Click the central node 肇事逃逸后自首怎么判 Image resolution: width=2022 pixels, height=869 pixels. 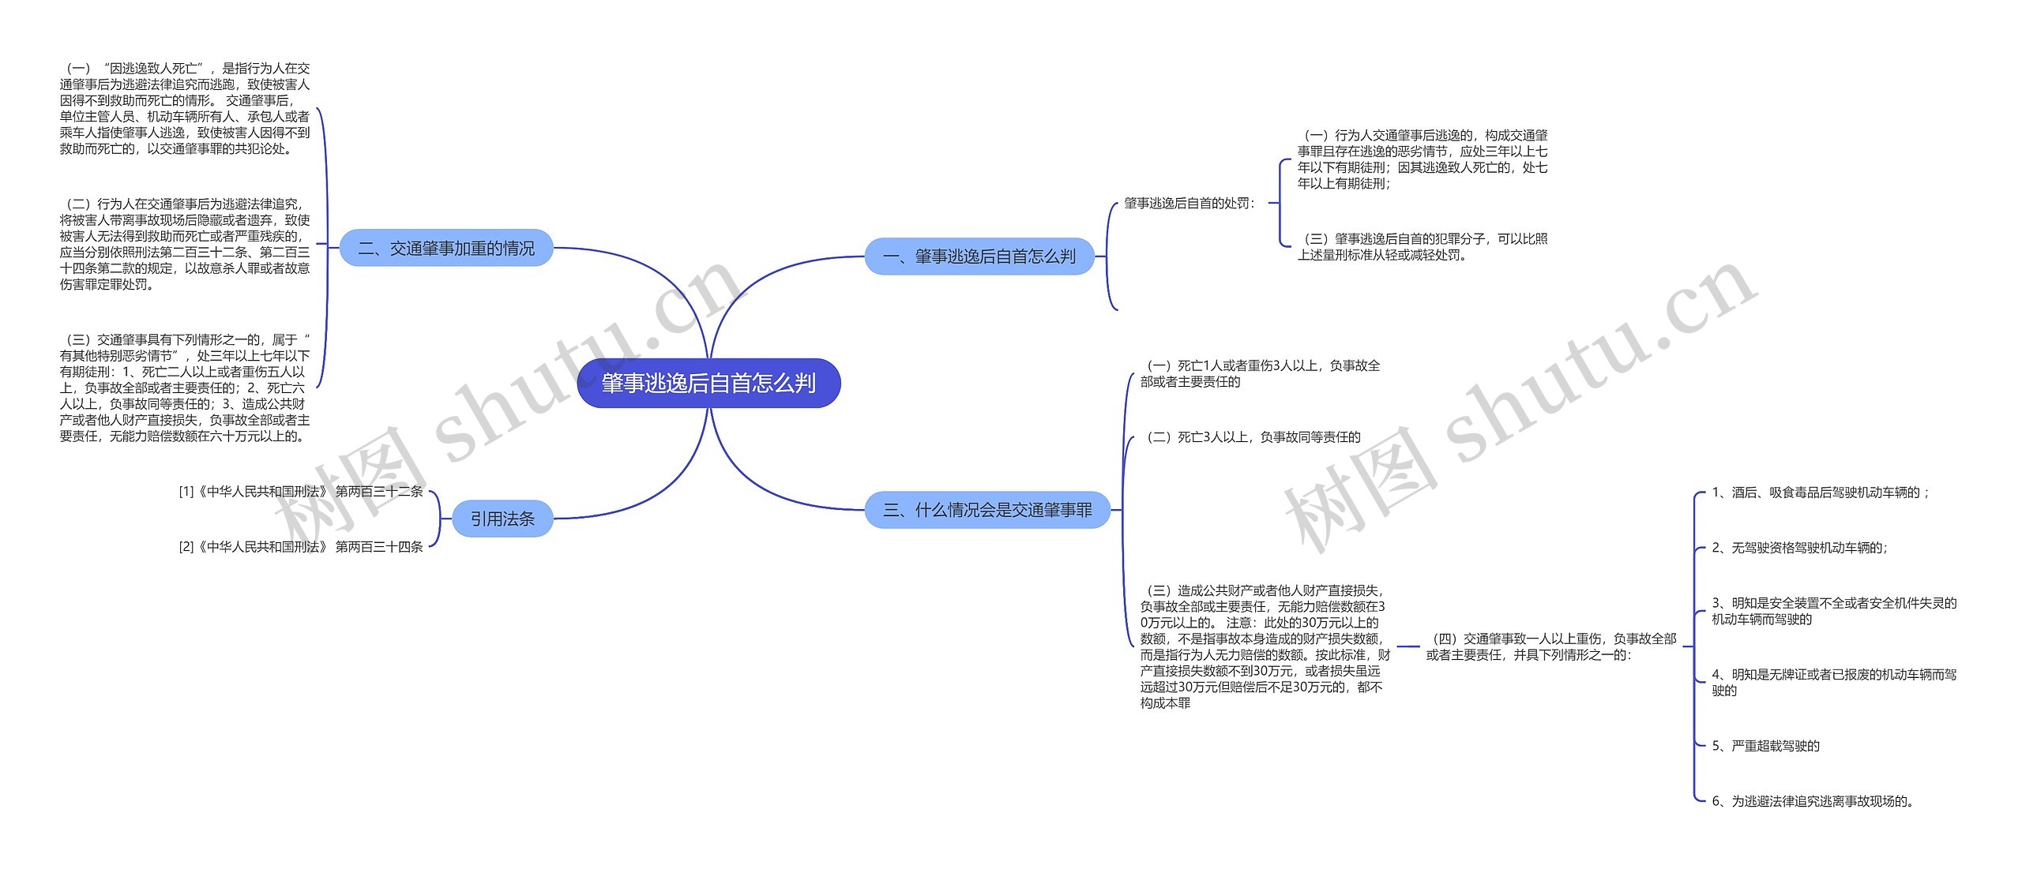708,383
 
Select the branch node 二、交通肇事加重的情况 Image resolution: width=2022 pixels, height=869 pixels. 446,248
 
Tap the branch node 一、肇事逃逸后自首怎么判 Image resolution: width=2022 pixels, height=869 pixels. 979,256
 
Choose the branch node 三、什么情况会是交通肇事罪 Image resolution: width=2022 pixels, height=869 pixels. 987,510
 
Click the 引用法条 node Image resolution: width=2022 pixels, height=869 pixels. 502,519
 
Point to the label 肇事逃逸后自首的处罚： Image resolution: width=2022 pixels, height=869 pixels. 1190,203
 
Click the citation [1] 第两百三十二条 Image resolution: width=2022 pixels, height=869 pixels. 301,491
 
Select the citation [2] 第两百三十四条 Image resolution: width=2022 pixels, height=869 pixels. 301,546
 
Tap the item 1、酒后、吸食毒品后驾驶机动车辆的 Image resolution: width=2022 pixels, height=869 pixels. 1820,493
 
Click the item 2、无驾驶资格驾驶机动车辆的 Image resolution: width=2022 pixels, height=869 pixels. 1799,548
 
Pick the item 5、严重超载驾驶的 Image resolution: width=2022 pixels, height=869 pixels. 1765,746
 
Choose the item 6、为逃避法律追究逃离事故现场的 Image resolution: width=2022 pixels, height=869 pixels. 1813,801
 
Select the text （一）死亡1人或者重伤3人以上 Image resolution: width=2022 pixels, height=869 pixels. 1261,373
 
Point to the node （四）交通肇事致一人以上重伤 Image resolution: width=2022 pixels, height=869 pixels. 1551,646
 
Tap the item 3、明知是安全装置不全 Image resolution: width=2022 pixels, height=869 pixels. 1834,611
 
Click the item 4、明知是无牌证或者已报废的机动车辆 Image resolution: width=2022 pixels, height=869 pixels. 1834,682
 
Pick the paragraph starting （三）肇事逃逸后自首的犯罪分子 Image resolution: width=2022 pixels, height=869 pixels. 1423,246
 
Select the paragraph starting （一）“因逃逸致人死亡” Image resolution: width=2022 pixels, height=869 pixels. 185,108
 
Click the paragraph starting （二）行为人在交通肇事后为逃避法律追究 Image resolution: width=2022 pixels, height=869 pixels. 185,244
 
